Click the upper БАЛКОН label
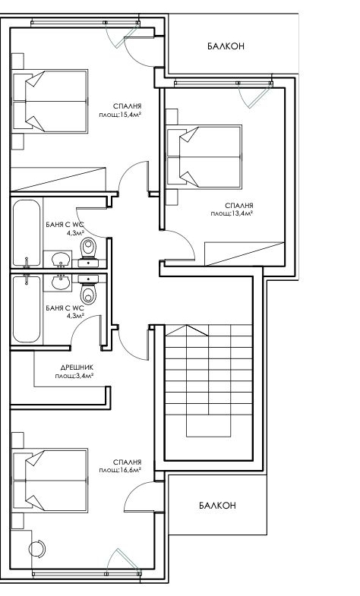click(226, 46)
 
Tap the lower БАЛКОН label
click(217, 505)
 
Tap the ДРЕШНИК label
click(77, 367)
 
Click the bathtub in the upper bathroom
click(27, 233)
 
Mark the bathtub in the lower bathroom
click(27, 309)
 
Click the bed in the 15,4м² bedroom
click(50, 101)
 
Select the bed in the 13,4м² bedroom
click(204, 157)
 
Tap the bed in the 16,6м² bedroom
click(50, 480)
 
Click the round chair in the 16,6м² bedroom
click(37, 549)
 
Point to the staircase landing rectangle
click(209, 425)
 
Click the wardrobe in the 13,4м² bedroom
click(245, 253)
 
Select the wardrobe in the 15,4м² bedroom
click(58, 178)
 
